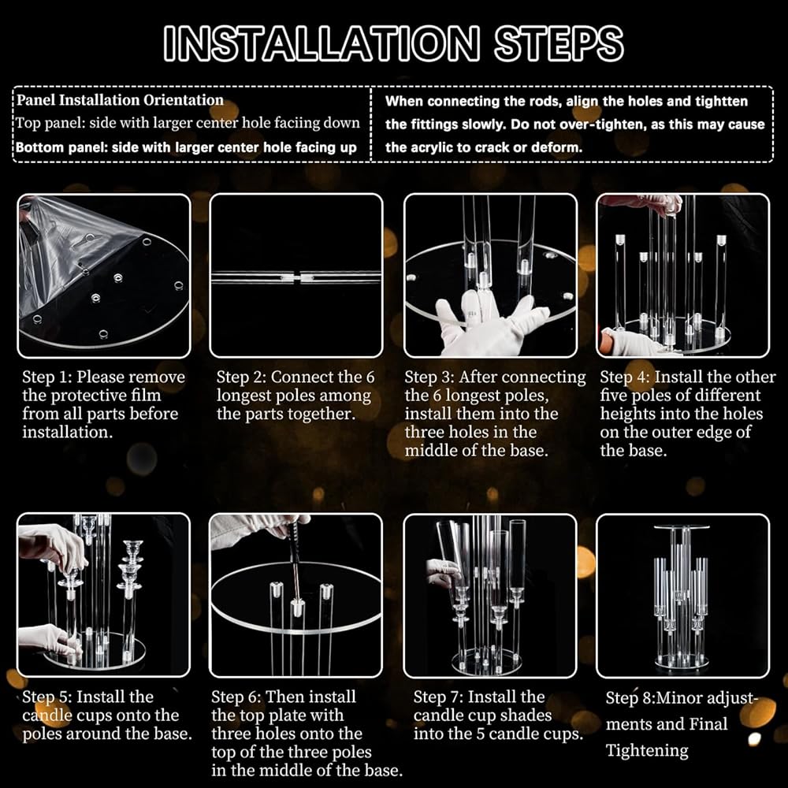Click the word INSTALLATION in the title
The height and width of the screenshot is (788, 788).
322,43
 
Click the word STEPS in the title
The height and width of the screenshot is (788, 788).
559,43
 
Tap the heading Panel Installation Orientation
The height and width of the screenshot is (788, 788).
120,99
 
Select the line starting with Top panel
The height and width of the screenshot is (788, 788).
188,123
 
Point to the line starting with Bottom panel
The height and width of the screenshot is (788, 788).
186,147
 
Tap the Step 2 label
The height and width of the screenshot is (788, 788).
239,377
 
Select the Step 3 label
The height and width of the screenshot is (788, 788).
426,377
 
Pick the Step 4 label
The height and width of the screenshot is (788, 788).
623,377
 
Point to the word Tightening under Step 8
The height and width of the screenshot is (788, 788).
647,750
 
